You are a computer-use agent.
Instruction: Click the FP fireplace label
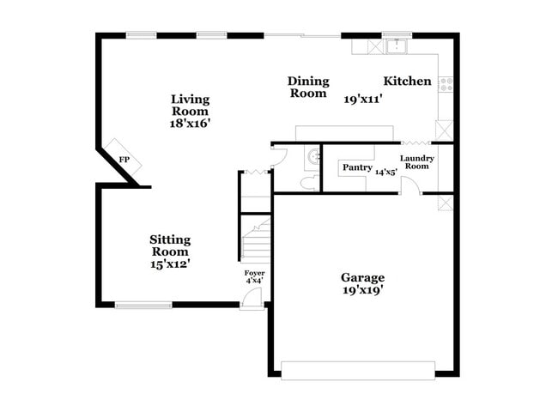coord(124,161)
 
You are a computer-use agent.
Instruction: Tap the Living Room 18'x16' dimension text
coord(190,124)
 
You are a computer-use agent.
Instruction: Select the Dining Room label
coord(307,87)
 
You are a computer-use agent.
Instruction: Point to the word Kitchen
coord(407,82)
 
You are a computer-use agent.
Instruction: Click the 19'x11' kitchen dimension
coord(362,100)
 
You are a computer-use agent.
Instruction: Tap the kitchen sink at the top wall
coord(397,45)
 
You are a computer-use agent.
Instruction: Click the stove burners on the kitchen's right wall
coord(446,84)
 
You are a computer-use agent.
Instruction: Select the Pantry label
coord(357,167)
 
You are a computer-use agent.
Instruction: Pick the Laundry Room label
coord(417,162)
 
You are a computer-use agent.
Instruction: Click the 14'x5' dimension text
coord(386,173)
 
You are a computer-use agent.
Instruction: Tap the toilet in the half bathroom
coord(308,183)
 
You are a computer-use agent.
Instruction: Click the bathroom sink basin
coord(313,156)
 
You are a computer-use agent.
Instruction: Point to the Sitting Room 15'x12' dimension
coord(170,265)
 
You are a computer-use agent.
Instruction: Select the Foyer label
coord(254,276)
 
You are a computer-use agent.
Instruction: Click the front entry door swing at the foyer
coord(251,297)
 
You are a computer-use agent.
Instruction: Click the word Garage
coord(362,277)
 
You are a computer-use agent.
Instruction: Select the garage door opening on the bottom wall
coord(358,370)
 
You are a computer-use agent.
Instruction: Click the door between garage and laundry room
coord(410,187)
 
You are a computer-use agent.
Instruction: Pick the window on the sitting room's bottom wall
coord(143,305)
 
